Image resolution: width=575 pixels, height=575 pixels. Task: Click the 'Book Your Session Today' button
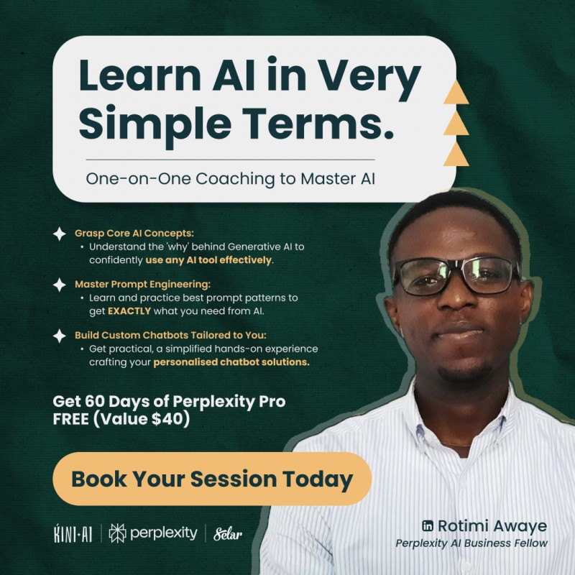(x=212, y=479)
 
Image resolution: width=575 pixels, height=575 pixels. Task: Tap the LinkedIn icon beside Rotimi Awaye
(x=430, y=526)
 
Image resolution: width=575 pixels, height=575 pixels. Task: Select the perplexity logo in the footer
(x=152, y=533)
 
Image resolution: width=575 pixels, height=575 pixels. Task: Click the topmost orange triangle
(x=456, y=92)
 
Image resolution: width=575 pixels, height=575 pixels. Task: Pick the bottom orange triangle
(x=456, y=153)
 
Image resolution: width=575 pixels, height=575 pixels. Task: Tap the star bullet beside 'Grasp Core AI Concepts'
(x=60, y=234)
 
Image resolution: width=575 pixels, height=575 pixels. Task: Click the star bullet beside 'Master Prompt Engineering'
(x=60, y=285)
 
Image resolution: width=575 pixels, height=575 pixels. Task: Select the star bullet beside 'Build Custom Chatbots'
(x=60, y=336)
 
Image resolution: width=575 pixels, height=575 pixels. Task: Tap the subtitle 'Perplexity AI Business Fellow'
(x=471, y=543)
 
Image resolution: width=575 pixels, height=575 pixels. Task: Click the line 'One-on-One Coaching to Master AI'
(x=231, y=179)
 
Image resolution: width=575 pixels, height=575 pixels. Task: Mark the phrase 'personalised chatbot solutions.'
(x=231, y=362)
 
